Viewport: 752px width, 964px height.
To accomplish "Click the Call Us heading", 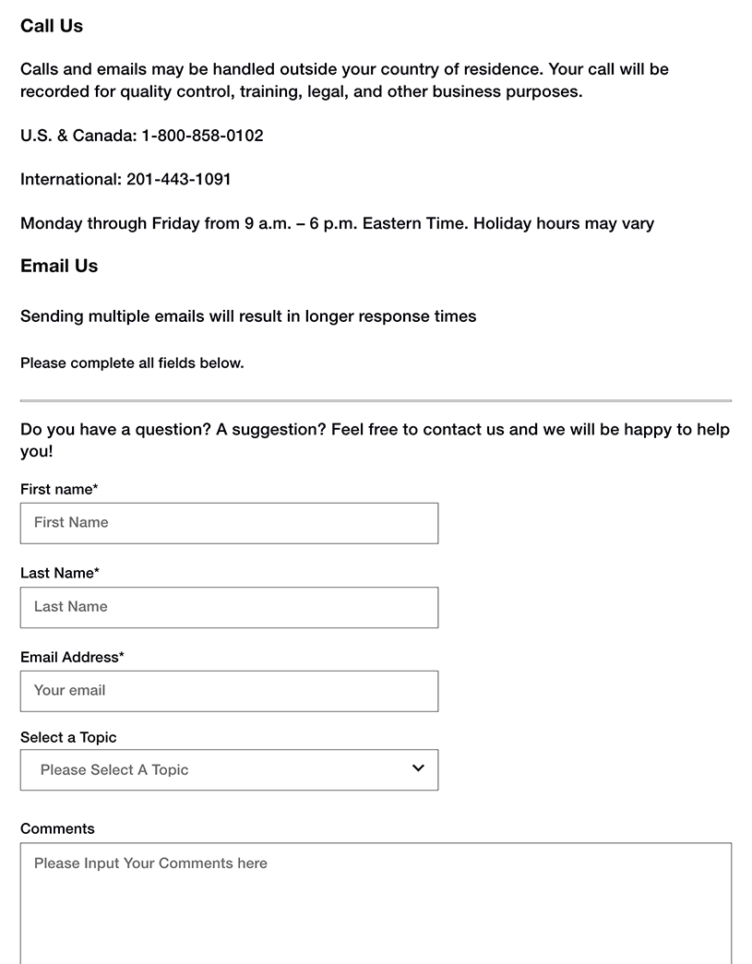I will tap(52, 26).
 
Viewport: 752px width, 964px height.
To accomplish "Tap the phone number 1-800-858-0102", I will tap(202, 136).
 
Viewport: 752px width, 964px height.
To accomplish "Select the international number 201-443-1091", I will tap(178, 179).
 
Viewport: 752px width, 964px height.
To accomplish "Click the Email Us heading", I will tap(59, 266).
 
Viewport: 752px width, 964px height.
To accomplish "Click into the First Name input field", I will tap(229, 523).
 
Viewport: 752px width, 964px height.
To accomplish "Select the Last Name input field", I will tap(229, 607).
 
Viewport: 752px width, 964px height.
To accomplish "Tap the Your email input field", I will tap(229, 691).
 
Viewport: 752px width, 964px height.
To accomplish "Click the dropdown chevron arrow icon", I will tap(418, 768).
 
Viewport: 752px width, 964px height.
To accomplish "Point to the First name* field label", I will tap(59, 489).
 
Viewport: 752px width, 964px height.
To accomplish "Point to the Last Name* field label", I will tap(60, 573).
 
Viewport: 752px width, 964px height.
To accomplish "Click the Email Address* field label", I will tap(72, 657).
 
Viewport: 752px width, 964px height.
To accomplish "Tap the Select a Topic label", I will tap(68, 737).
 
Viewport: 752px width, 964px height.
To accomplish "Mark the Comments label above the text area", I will tap(57, 828).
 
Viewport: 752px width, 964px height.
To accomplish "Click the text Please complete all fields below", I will tap(132, 363).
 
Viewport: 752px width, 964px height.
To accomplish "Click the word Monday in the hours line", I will tap(51, 223).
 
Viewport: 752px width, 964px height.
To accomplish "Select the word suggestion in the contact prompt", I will tap(277, 429).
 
